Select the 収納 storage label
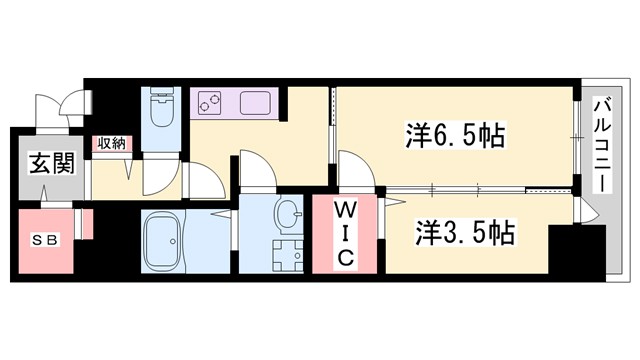111,144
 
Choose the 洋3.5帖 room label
465,234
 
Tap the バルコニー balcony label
603,146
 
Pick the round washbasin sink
287,214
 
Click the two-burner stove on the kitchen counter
211,102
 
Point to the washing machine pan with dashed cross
287,254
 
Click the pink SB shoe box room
45,242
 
